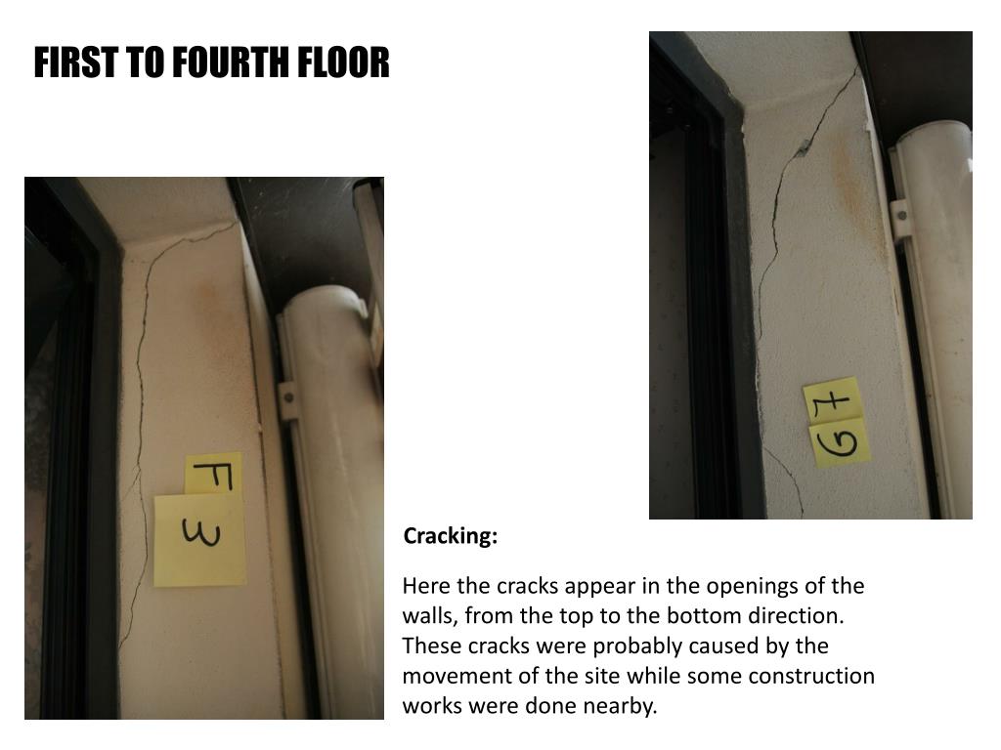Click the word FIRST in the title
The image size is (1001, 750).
point(75,62)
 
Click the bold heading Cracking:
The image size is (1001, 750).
point(450,536)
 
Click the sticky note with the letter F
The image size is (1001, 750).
point(214,474)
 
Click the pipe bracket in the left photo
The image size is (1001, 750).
point(288,400)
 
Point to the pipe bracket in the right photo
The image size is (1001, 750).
point(899,219)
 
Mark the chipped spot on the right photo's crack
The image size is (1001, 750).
point(803,148)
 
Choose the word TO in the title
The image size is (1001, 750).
point(145,62)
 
